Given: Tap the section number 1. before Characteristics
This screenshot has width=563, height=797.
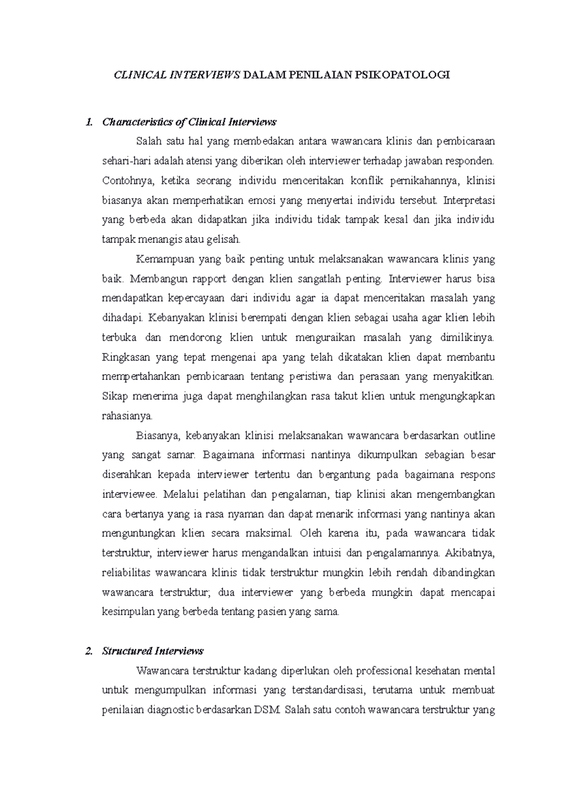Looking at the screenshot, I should coord(89,123).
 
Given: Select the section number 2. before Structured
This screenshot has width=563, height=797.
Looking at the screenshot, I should coord(89,651).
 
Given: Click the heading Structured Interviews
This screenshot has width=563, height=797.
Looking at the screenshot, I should coord(153,651).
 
